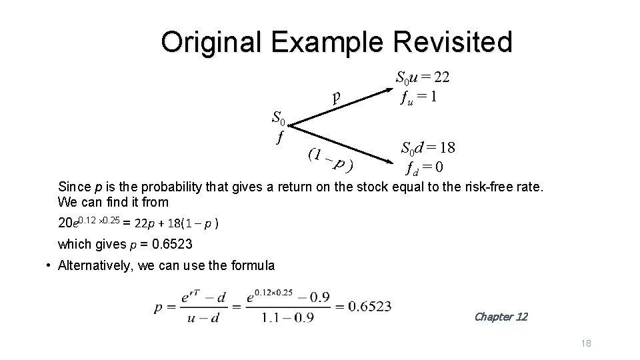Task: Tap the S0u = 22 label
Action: (x=423, y=77)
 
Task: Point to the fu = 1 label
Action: (x=418, y=97)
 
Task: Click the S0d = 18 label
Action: (x=427, y=148)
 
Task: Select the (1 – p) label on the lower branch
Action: (x=330, y=159)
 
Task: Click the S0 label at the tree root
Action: (x=279, y=120)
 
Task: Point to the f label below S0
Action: (x=280, y=137)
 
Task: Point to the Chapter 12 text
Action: (x=500, y=317)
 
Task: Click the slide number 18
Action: (x=586, y=343)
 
